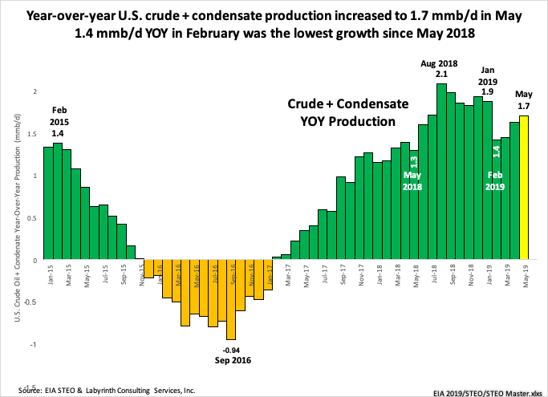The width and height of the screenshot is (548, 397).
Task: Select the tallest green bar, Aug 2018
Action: [441, 172]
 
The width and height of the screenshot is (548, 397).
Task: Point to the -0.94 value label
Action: [231, 350]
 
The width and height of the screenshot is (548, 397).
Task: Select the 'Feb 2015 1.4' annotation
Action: [60, 121]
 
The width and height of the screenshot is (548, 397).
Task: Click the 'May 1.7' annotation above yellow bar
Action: [525, 99]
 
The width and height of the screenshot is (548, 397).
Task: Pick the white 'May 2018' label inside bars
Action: [412, 181]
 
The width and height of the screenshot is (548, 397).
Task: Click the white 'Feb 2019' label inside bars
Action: [496, 180]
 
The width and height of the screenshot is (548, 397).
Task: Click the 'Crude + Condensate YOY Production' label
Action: [343, 113]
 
